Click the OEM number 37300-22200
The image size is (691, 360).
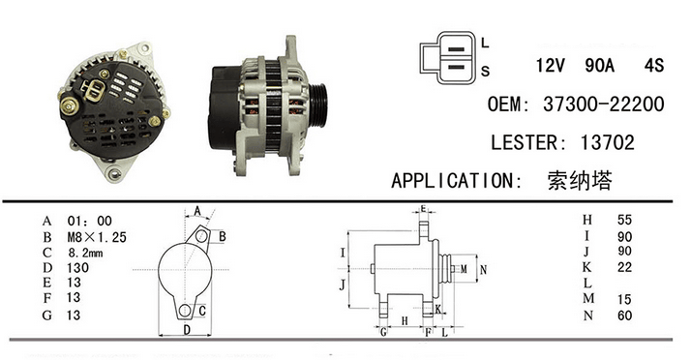pos(603,105)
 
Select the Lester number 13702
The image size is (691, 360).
pos(607,142)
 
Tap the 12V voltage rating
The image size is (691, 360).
pos(550,66)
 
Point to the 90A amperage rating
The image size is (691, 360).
pos(599,66)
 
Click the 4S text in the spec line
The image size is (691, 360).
pos(654,66)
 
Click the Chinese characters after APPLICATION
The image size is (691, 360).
pos(580,180)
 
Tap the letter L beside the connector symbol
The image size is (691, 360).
pos(485,43)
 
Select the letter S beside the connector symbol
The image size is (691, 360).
pos(485,71)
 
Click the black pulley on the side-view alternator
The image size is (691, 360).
pos(319,105)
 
